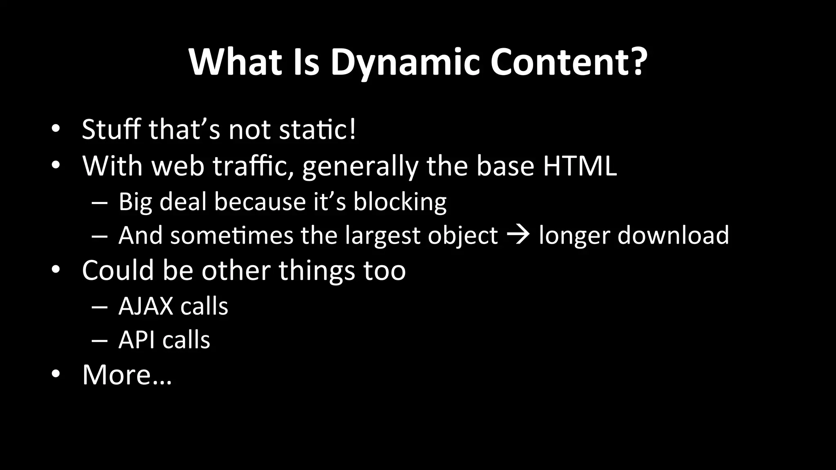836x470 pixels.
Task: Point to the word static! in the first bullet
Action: [x=318, y=129]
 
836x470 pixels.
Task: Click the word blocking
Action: [x=400, y=202]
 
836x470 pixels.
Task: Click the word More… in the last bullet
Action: [x=127, y=375]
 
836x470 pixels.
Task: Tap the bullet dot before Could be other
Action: [x=56, y=270]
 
